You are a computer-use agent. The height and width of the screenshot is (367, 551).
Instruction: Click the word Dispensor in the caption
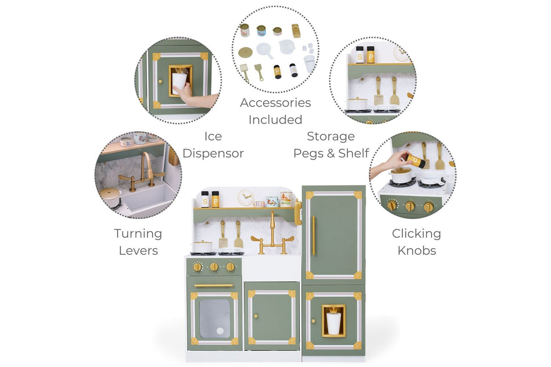pos(213,153)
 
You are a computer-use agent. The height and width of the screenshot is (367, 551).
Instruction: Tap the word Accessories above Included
pos(275,103)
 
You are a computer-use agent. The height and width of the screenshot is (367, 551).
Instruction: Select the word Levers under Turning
pos(138,250)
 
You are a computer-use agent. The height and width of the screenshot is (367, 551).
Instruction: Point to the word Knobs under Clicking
pos(417,250)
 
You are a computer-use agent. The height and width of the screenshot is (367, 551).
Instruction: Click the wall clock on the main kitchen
pos(246,197)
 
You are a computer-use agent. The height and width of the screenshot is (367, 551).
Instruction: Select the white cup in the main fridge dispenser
pos(333,323)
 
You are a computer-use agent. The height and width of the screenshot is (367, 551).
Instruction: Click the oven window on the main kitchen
pos(215,318)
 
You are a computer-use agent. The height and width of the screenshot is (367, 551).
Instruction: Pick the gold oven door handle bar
pos(214,285)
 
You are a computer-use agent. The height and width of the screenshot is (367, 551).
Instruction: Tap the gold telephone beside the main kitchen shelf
pos(298,212)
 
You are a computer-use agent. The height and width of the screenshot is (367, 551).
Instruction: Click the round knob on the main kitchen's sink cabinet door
pos(256,316)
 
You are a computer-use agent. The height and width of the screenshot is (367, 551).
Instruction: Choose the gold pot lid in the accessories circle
pos(245,52)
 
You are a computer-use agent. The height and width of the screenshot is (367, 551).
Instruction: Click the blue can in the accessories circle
pos(261,31)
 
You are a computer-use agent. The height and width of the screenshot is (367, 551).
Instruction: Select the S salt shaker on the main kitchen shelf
pos(205,200)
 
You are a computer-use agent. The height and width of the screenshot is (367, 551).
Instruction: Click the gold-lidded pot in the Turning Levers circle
pos(110,197)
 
